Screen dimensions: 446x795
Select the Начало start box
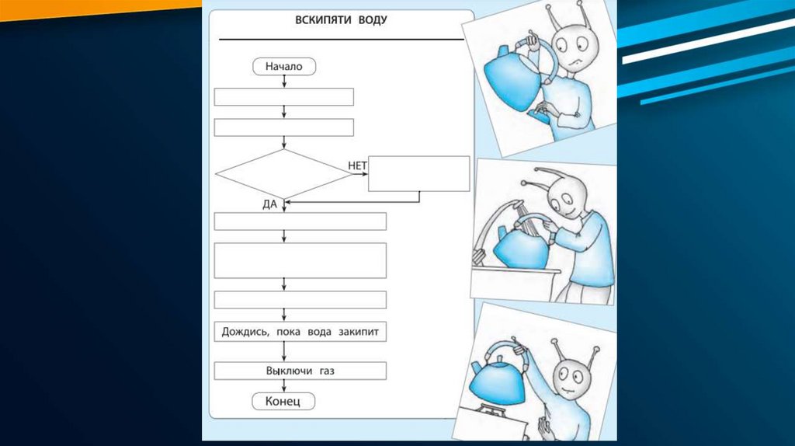(x=284, y=67)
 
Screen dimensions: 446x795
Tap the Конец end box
(x=284, y=401)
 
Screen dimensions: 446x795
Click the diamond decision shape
(x=284, y=174)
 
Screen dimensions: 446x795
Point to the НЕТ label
(x=357, y=166)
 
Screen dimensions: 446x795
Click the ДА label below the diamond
(x=272, y=204)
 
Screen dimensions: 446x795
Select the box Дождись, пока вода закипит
(x=300, y=333)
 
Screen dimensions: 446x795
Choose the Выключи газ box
(x=300, y=371)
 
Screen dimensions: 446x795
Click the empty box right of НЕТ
(x=418, y=173)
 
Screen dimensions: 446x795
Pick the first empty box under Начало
(x=284, y=96)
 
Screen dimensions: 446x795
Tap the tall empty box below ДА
(x=300, y=260)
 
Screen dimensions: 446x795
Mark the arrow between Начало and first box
(x=284, y=82)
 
